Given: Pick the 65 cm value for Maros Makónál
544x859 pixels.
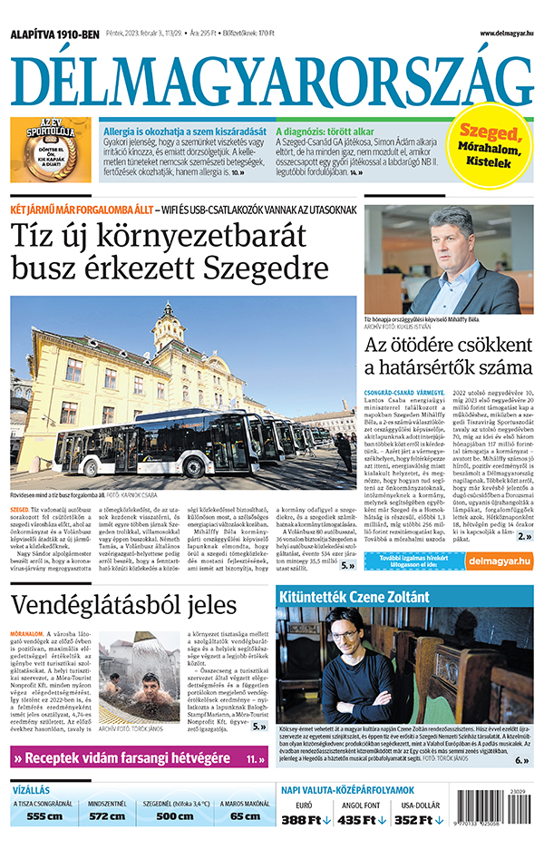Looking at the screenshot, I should [245, 816].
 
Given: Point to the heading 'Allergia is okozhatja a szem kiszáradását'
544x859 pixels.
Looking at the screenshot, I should [185, 131].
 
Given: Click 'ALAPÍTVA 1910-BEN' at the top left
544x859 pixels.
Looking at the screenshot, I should [53, 35].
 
